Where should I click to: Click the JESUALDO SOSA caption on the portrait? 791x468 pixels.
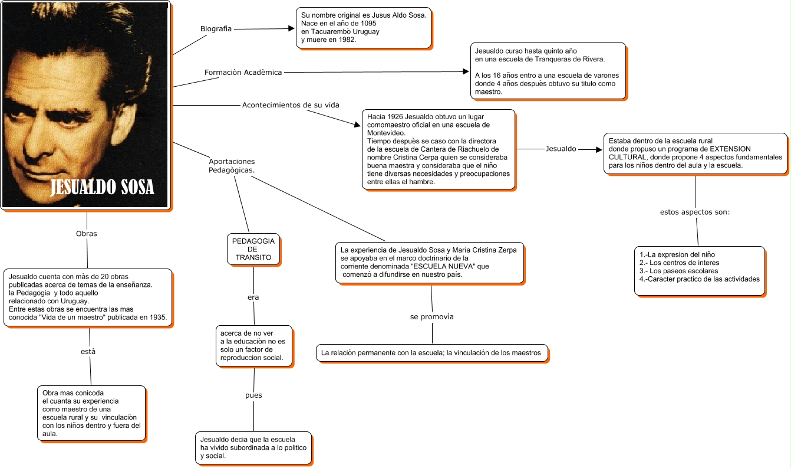click(x=103, y=188)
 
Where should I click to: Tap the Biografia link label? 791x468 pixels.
click(x=216, y=28)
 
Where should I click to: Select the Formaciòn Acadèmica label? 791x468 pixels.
click(x=243, y=72)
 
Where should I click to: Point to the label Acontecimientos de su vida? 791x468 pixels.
click(x=291, y=105)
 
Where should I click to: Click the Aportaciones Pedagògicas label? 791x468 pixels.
click(x=232, y=166)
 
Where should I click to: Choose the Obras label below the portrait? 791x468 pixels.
click(x=87, y=234)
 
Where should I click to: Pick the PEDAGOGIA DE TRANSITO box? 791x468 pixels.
click(x=253, y=250)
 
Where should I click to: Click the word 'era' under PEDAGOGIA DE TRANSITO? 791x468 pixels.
click(x=253, y=297)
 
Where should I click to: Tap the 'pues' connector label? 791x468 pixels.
click(x=253, y=395)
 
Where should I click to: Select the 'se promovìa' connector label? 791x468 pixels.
click(x=432, y=317)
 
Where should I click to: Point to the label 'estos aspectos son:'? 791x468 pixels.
click(x=695, y=212)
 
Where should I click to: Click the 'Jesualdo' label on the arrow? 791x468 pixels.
click(x=561, y=149)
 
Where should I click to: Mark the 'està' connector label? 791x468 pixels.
click(x=88, y=352)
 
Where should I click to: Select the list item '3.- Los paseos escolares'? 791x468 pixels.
click(x=678, y=271)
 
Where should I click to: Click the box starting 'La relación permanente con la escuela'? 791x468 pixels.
click(x=432, y=353)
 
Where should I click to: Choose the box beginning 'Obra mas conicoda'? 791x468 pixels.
click(x=91, y=413)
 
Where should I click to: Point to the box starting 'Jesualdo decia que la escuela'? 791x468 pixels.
click(x=253, y=447)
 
